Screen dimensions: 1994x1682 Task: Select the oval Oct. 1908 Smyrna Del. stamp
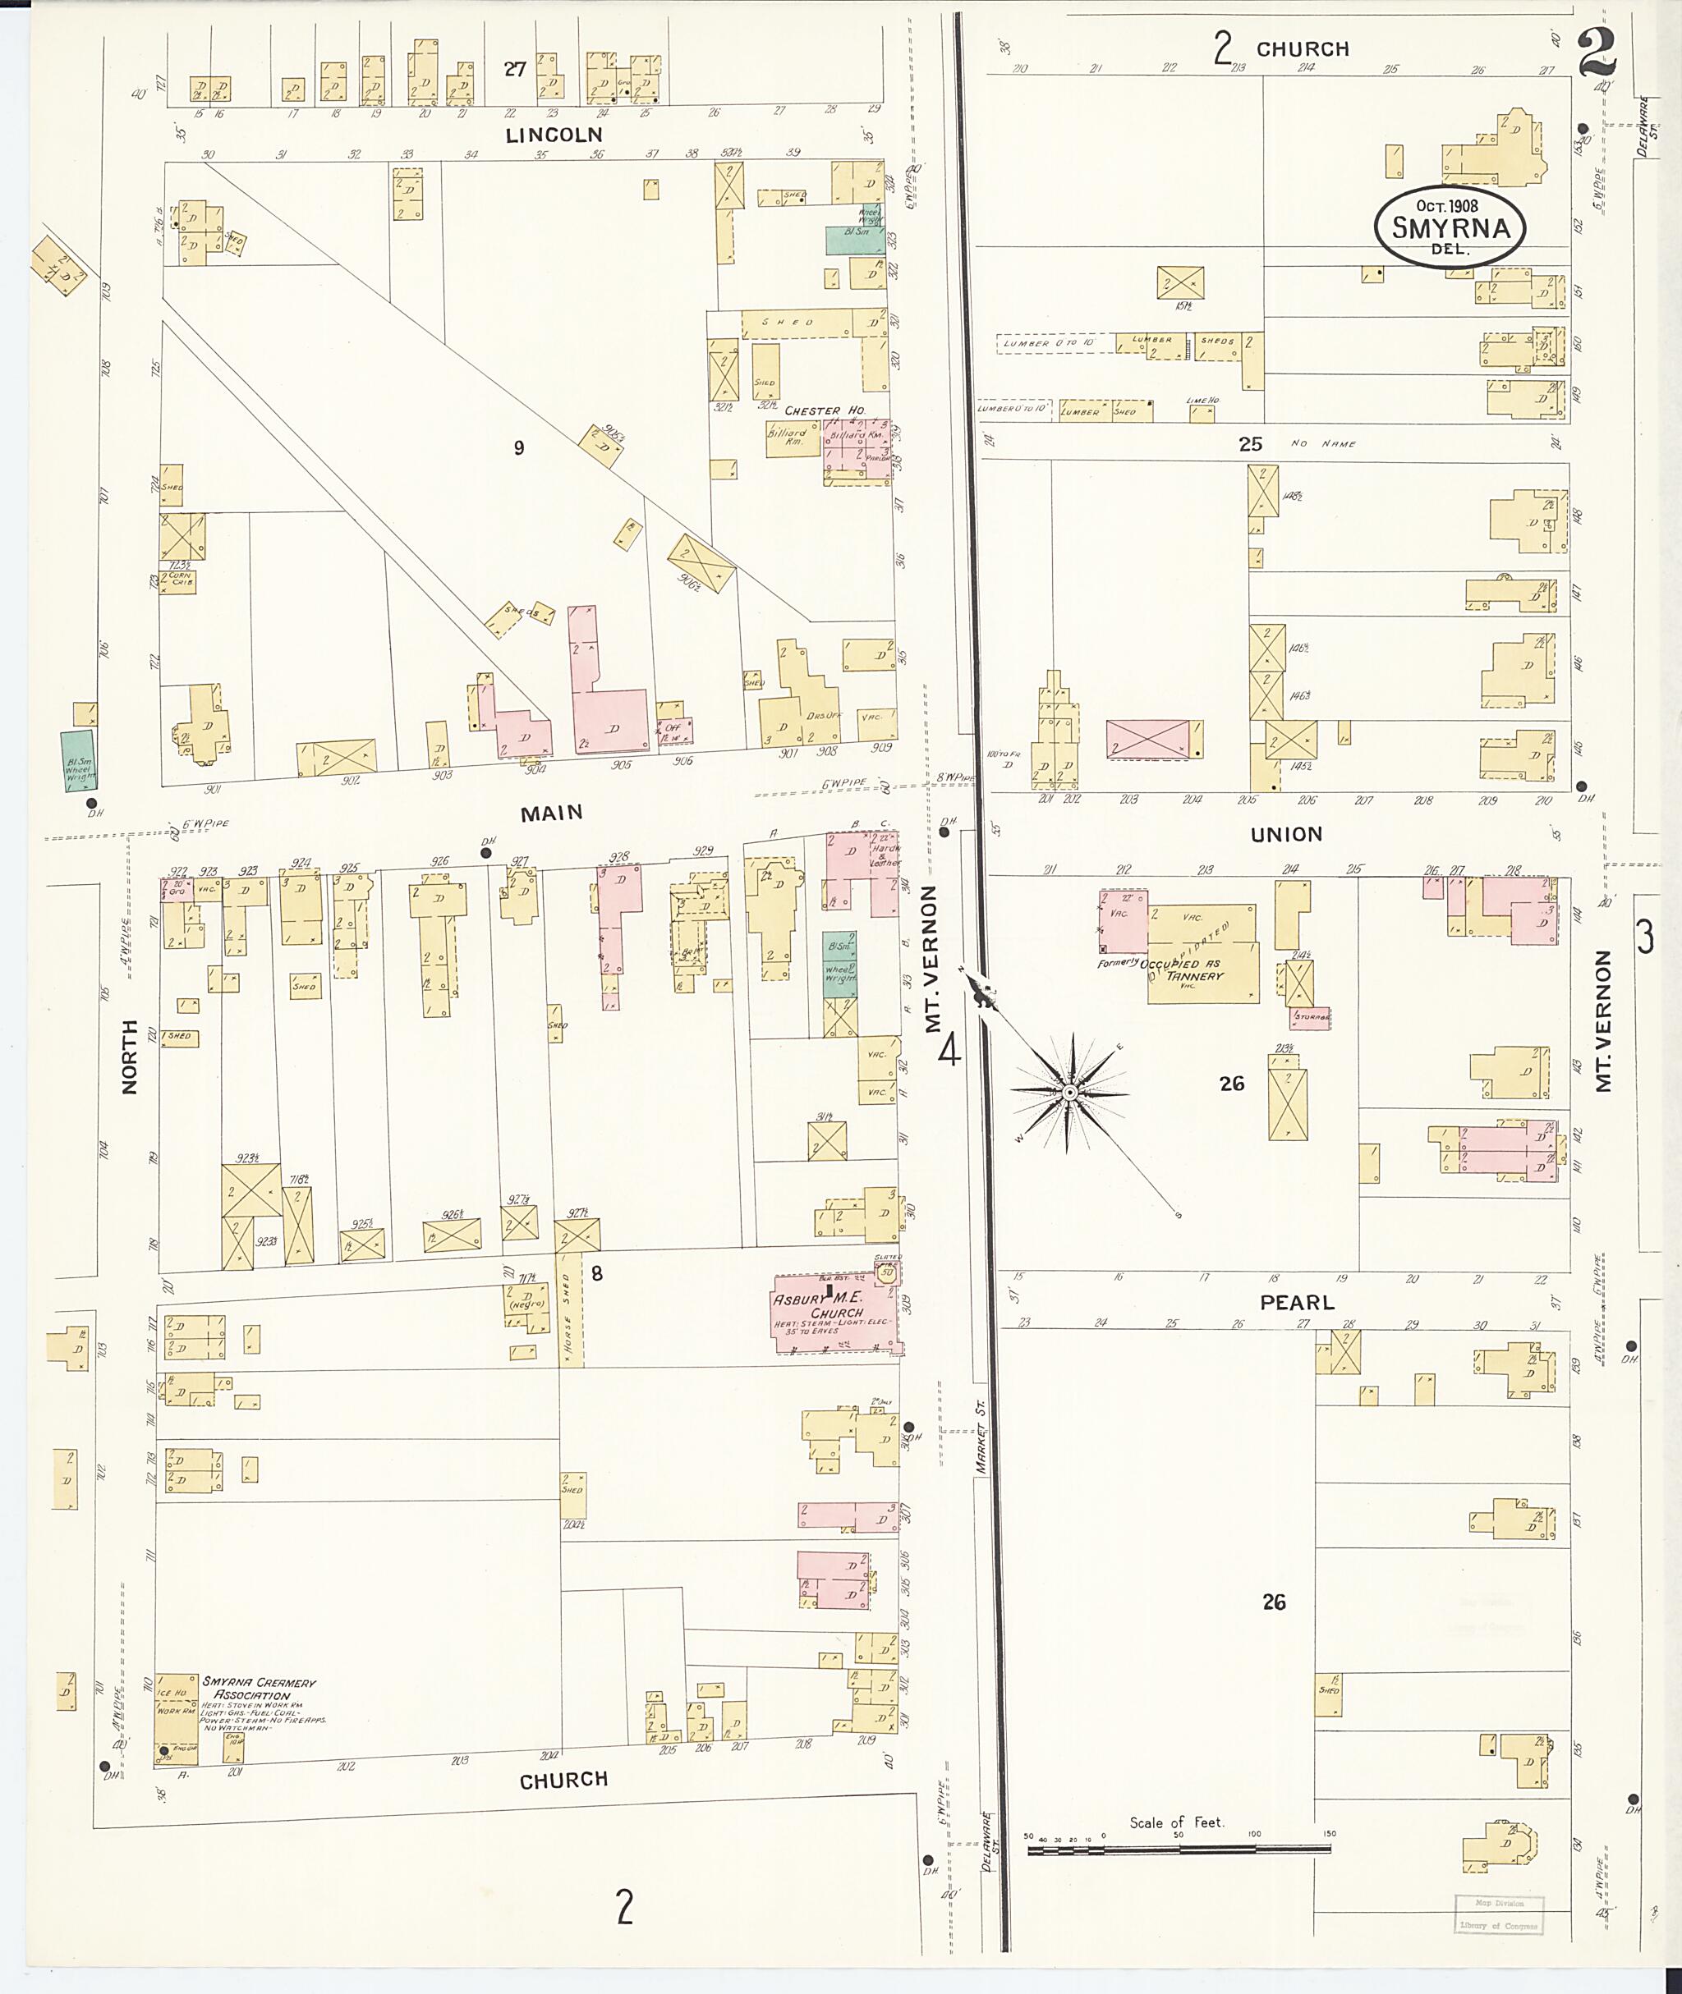(x=1449, y=225)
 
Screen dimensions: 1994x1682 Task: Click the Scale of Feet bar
(x=1179, y=1850)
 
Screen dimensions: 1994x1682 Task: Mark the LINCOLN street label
(x=554, y=135)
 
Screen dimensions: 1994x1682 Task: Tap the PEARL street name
(x=1297, y=1302)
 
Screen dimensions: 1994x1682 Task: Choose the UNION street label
(x=1286, y=835)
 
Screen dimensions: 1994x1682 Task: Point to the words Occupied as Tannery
(x=1183, y=969)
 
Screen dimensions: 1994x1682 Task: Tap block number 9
(x=519, y=448)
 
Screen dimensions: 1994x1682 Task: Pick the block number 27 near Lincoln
(x=515, y=69)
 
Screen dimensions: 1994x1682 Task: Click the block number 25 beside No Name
(x=1250, y=443)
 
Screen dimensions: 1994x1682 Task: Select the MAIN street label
(x=551, y=812)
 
